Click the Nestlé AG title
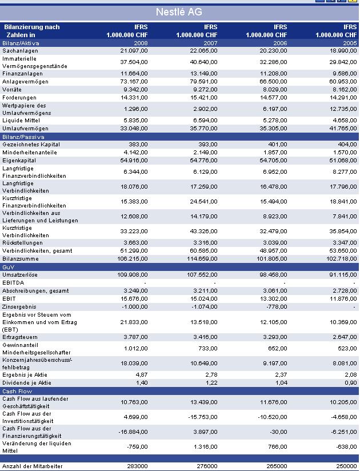click(x=179, y=12)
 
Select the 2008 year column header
click(x=140, y=43)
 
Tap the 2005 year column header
click(x=349, y=43)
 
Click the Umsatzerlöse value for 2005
click(x=343, y=275)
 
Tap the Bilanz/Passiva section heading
click(x=23, y=137)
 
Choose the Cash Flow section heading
click(x=17, y=391)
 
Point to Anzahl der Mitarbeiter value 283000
click(x=137, y=466)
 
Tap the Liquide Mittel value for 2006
click(x=275, y=121)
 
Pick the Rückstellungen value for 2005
click(x=345, y=243)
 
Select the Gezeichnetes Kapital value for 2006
click(x=278, y=145)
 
